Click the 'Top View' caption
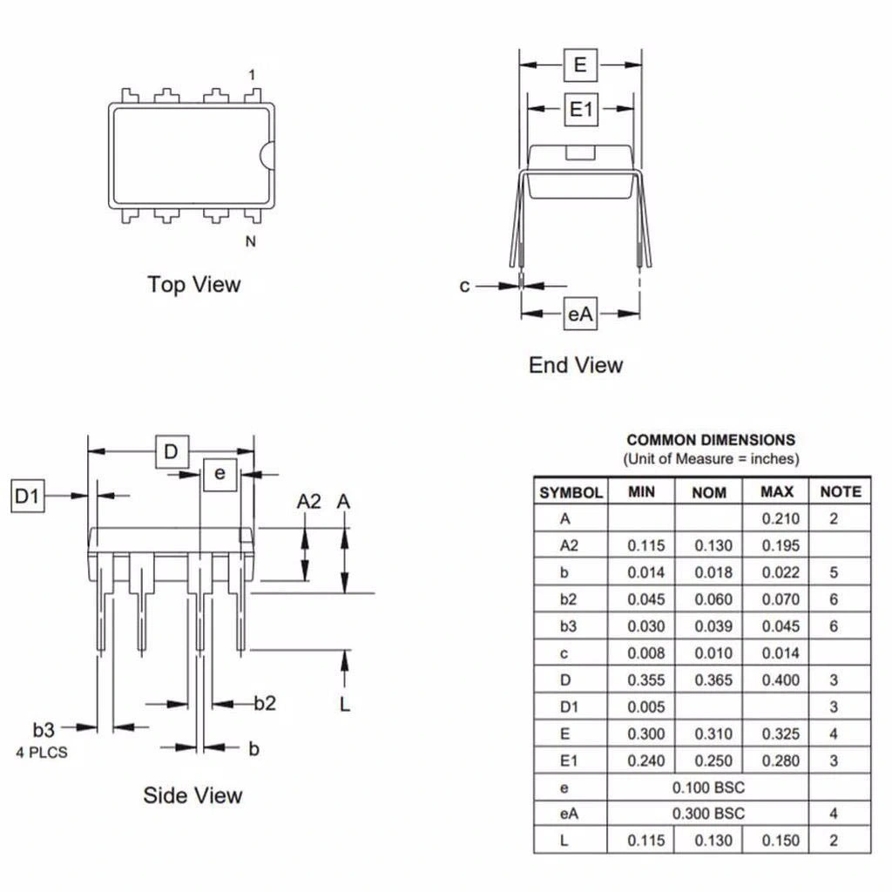[193, 285]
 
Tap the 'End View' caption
[576, 365]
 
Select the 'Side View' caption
[193, 795]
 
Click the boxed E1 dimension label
[581, 110]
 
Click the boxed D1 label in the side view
[27, 497]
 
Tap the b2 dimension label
[265, 703]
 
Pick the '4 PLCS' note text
[41, 752]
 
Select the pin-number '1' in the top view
[252, 75]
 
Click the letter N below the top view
[251, 242]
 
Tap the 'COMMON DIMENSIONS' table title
[711, 441]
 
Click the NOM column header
[709, 492]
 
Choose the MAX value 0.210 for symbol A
[780, 519]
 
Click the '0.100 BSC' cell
[708, 787]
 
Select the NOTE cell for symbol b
[834, 573]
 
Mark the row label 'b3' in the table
[568, 626]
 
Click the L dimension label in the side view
[345, 704]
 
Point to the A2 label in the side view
[309, 502]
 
